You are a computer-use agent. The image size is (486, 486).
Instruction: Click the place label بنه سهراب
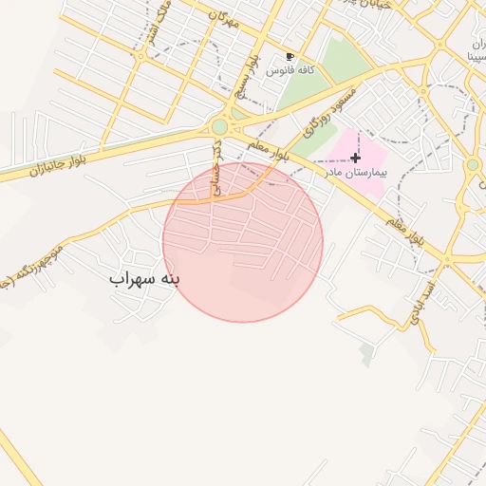tap(144, 279)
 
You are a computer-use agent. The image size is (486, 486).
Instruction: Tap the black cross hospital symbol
tap(355, 158)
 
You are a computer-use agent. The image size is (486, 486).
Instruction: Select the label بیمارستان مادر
tap(355, 175)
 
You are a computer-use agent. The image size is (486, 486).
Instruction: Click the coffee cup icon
tap(290, 57)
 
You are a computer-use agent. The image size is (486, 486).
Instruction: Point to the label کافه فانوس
tap(290, 71)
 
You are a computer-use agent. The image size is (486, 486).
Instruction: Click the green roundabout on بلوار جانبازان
tap(220, 126)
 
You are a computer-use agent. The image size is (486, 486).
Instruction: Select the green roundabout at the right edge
tap(472, 165)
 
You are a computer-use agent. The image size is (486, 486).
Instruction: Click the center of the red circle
tap(243, 242)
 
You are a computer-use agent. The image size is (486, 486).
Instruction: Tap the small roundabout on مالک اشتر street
tap(140, 56)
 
